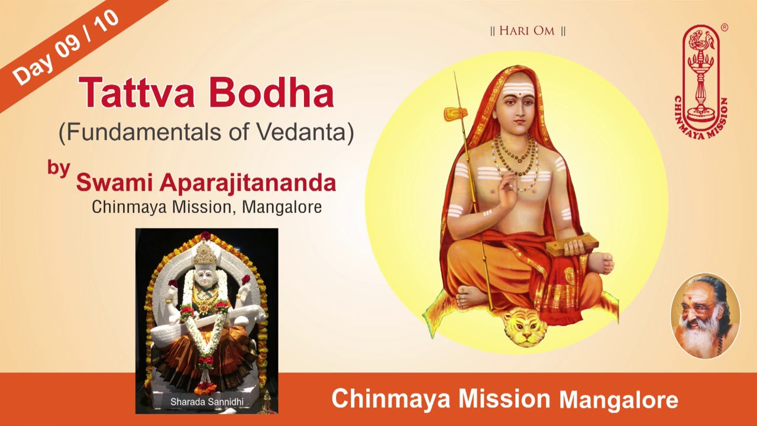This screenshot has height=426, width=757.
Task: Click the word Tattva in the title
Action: point(137,92)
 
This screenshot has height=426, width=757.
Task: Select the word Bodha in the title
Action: point(271,91)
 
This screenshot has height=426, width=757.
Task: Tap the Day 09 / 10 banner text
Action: point(65,47)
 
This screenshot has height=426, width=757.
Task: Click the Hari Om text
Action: point(527,31)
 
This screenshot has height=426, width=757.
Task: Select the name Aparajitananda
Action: point(248,184)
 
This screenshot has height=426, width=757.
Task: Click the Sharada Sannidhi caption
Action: point(207,402)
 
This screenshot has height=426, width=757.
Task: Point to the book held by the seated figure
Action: point(572,244)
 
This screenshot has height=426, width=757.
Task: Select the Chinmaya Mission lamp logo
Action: point(701,81)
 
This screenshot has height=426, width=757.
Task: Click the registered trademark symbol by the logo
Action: point(724,28)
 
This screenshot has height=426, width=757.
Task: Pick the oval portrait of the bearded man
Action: point(705,316)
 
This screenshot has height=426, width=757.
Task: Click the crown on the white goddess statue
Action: point(205,254)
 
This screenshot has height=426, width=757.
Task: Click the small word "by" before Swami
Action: point(59,167)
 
